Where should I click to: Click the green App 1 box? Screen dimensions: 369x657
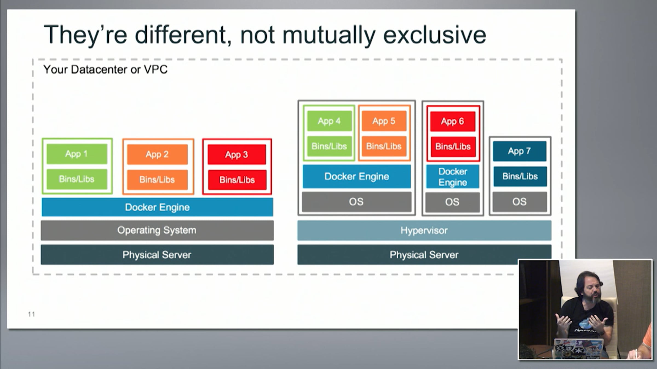pos(77,154)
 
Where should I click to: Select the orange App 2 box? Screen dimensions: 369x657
pos(157,154)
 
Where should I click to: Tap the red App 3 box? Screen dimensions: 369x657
pos(237,155)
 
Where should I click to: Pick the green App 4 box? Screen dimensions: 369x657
pos(329,121)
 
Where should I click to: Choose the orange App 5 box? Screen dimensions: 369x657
pos(384,121)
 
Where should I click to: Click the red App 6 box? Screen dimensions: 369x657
pos(453,121)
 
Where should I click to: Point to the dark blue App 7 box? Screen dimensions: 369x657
pos(519,151)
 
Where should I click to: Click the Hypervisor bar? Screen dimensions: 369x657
pos(424,230)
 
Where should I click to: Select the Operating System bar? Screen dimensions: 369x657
pos(157,230)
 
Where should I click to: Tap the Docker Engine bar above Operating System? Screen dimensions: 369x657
pos(157,207)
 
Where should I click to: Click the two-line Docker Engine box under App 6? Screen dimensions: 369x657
pos(453,177)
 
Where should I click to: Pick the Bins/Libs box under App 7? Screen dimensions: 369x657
pos(520,176)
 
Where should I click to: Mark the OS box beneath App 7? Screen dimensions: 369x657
pos(520,202)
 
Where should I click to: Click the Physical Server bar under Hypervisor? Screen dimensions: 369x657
pos(424,255)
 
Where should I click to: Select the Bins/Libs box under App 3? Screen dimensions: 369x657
pos(237,180)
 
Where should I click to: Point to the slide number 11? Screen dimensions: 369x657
pos(31,314)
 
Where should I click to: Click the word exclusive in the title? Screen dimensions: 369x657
pos(434,35)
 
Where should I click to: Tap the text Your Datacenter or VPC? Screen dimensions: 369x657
pos(105,70)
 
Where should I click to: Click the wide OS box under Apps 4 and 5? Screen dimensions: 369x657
pos(356,202)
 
